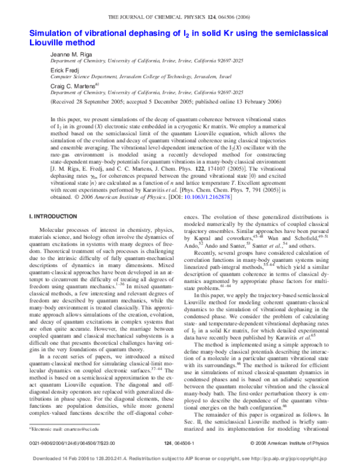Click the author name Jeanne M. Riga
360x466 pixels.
point(70,53)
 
